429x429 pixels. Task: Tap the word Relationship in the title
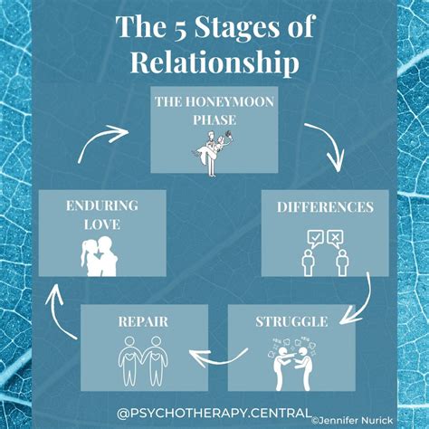(x=214, y=62)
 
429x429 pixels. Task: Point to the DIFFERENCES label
(x=324, y=207)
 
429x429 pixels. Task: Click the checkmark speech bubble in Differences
(x=315, y=237)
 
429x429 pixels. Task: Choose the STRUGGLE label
(x=291, y=320)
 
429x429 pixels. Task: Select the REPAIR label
(x=144, y=320)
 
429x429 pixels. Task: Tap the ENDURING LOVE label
(x=101, y=214)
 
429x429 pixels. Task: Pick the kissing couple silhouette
(x=102, y=254)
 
